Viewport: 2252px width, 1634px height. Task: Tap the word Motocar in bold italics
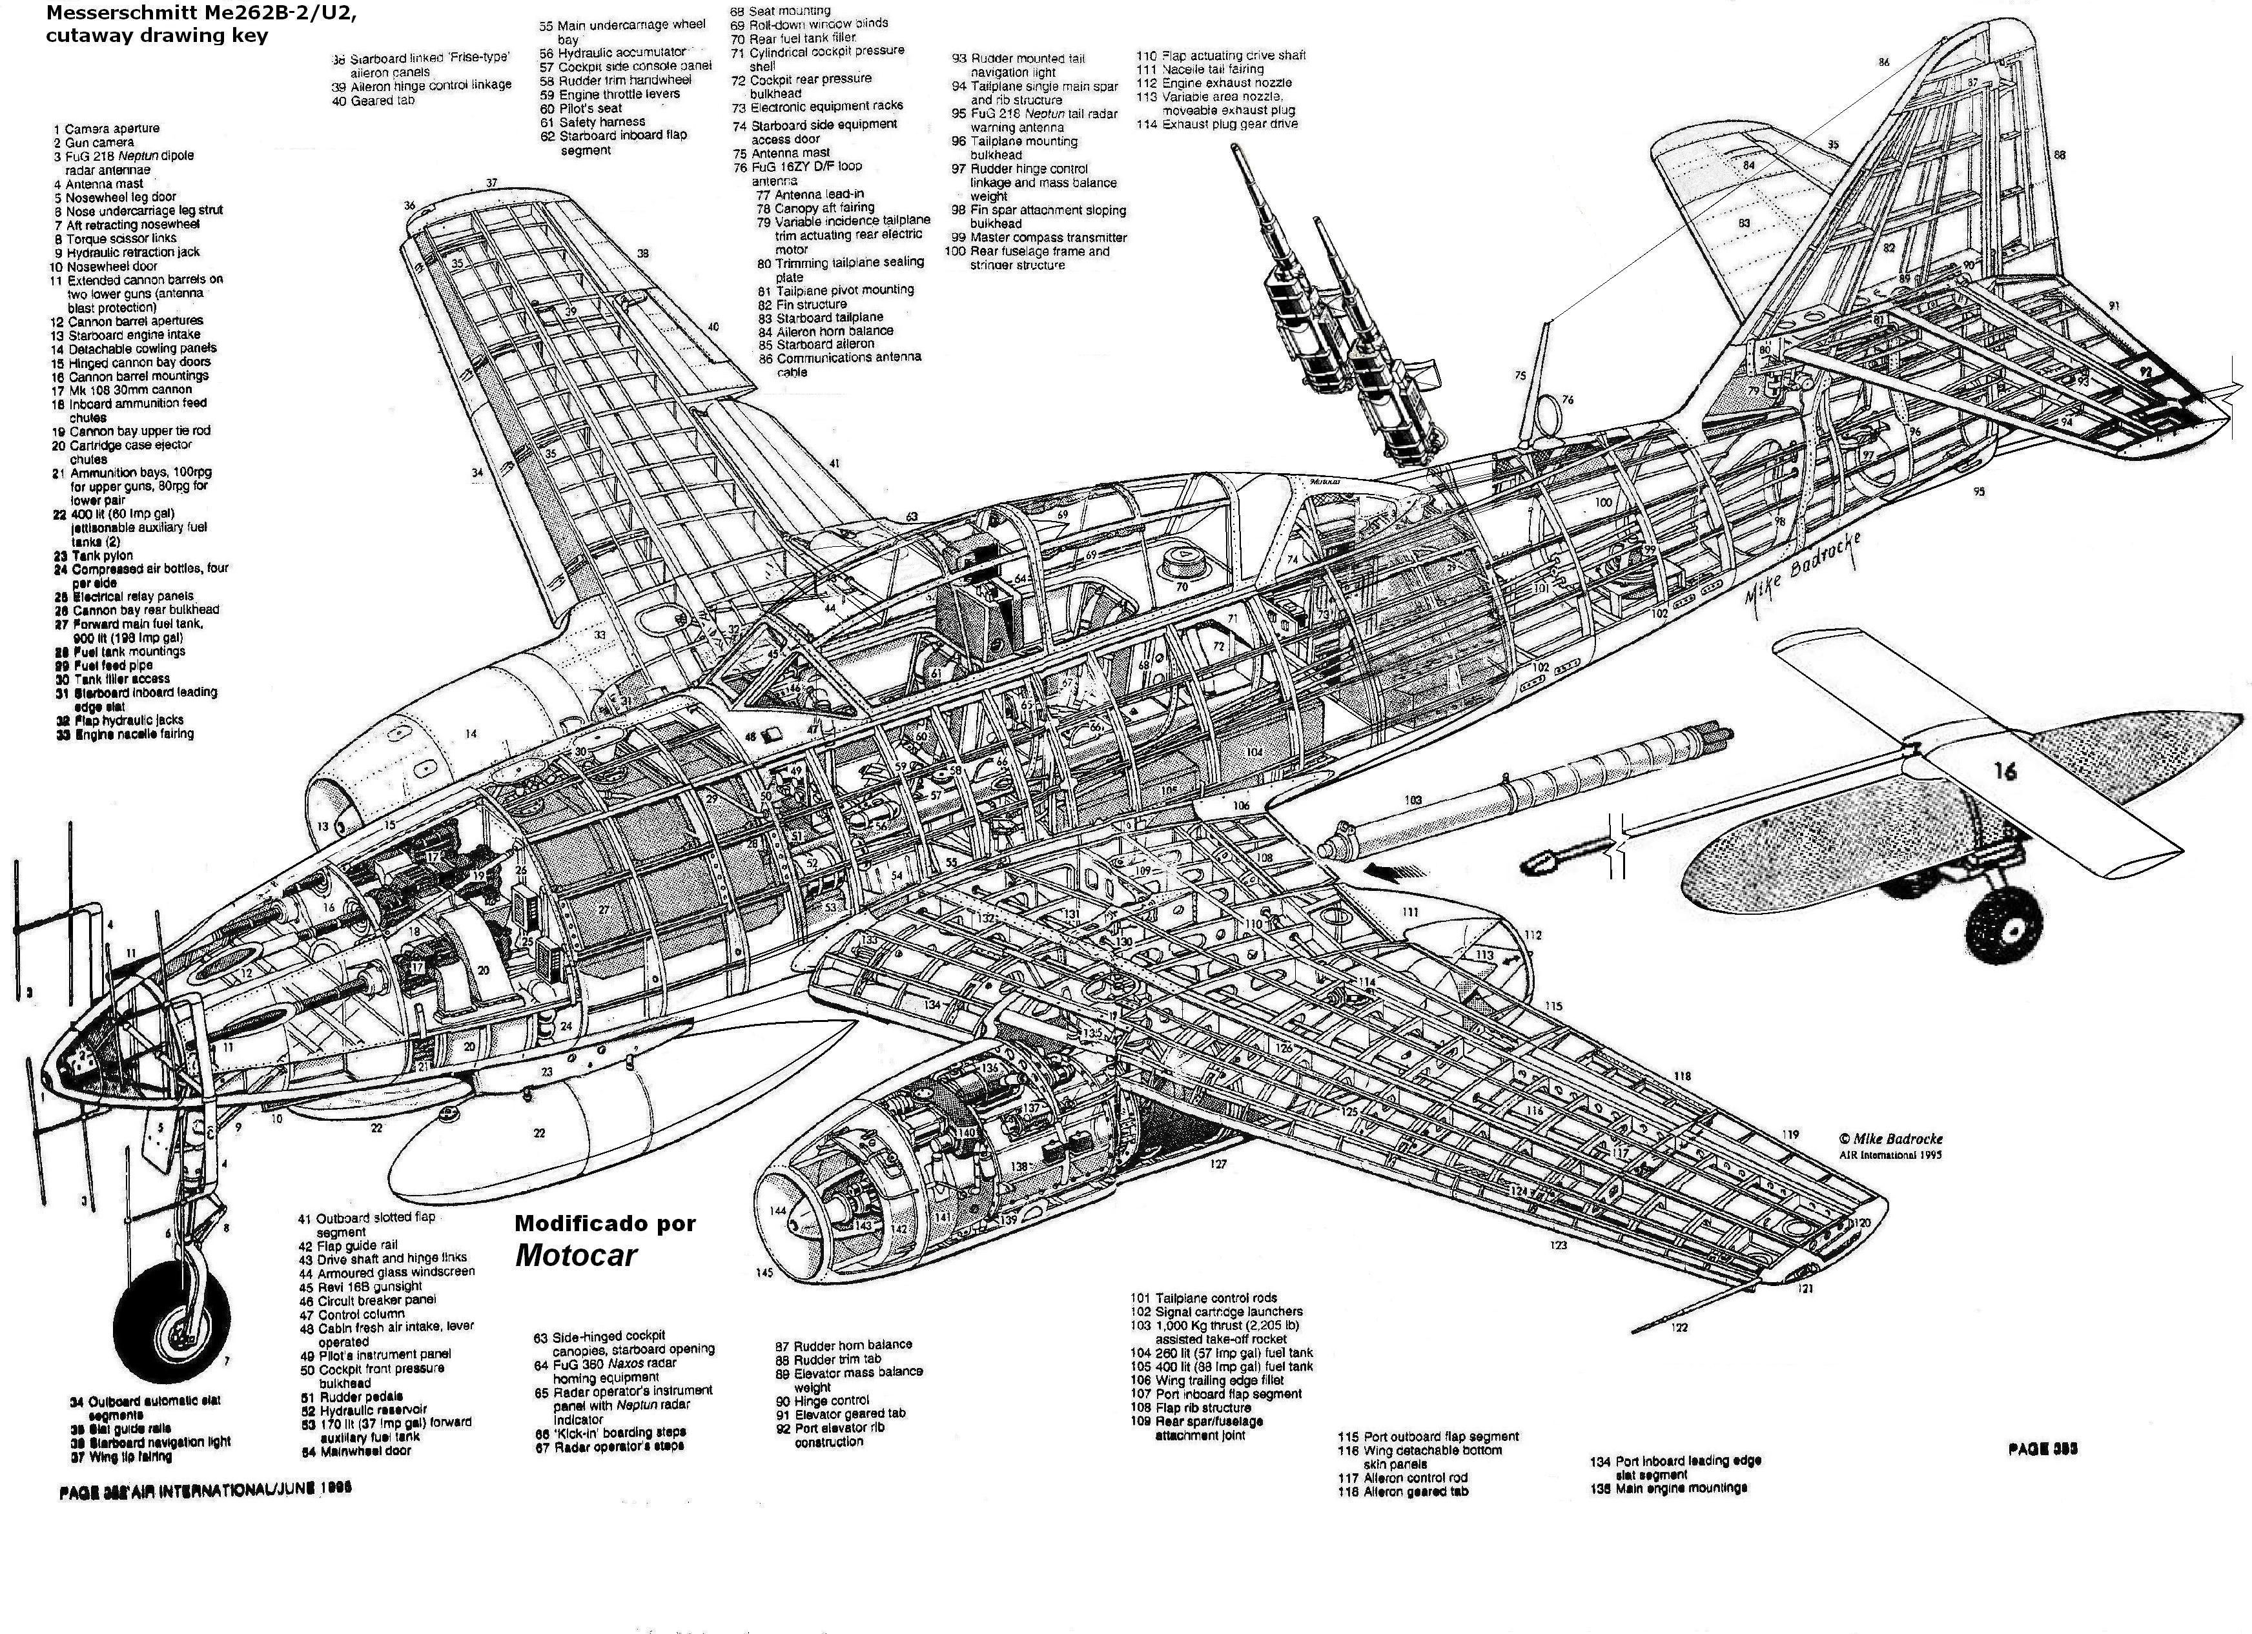tap(575, 1255)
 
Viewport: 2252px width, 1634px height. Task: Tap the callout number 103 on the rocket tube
tap(1412, 800)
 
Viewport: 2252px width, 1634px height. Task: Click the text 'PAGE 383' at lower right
tap(2042, 1449)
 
